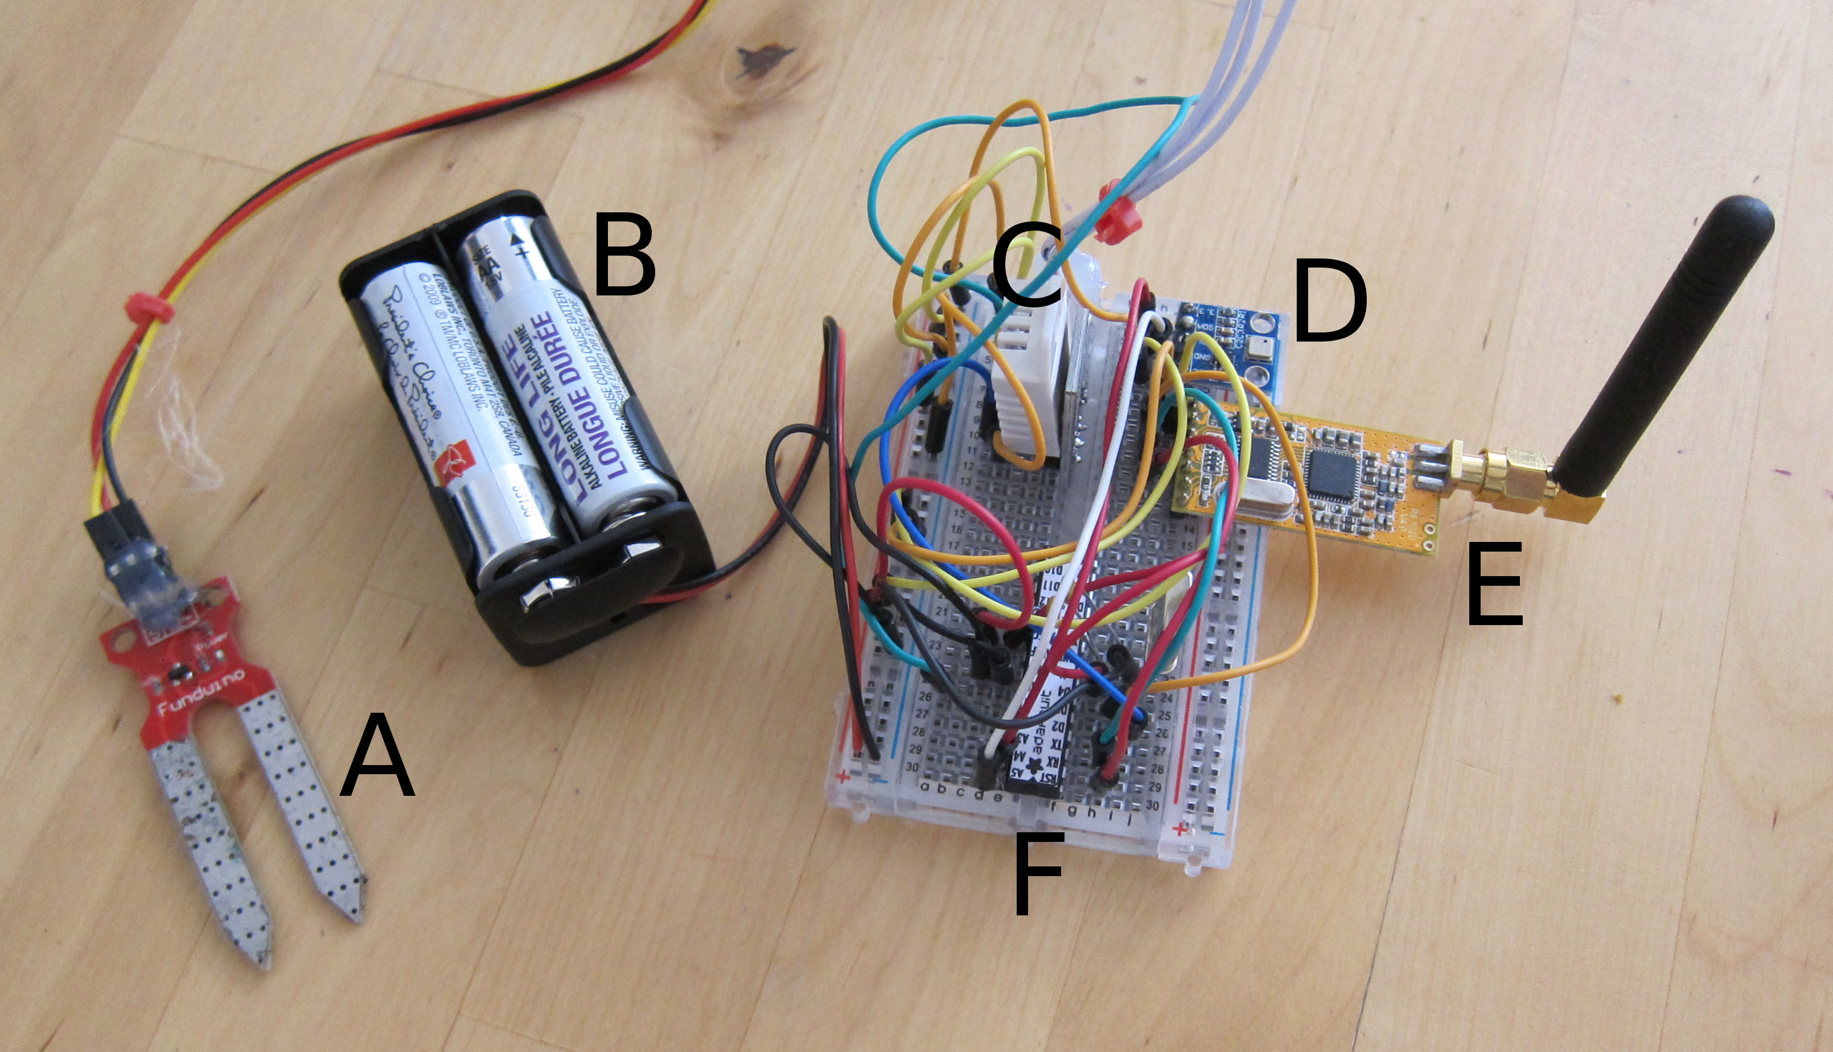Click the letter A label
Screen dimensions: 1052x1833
(x=377, y=757)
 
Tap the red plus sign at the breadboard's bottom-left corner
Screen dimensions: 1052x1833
(x=842, y=778)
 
